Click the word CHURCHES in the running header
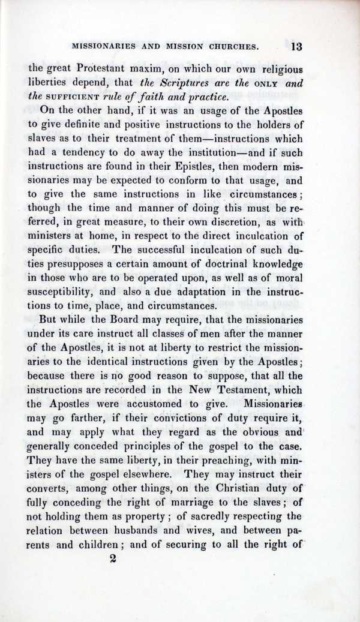[230, 46]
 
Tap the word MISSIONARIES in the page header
[101, 46]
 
